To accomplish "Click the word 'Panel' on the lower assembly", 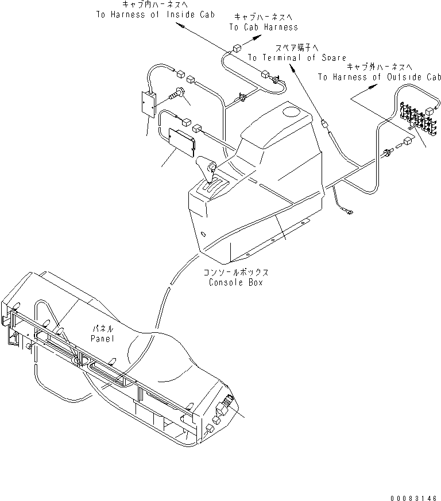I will click(x=103, y=339).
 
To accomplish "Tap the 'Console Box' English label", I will click(x=236, y=282).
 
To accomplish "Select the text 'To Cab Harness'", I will click(x=264, y=27).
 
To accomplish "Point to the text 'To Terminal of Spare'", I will click(x=297, y=57).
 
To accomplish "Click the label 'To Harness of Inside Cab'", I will click(x=155, y=14).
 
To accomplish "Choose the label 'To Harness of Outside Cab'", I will click(x=380, y=77).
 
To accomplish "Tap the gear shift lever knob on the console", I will click(x=211, y=167).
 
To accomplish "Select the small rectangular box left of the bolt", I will click(x=150, y=104).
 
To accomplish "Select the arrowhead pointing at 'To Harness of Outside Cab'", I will click(x=374, y=86).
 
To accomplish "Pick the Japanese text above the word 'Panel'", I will click(x=104, y=328).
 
